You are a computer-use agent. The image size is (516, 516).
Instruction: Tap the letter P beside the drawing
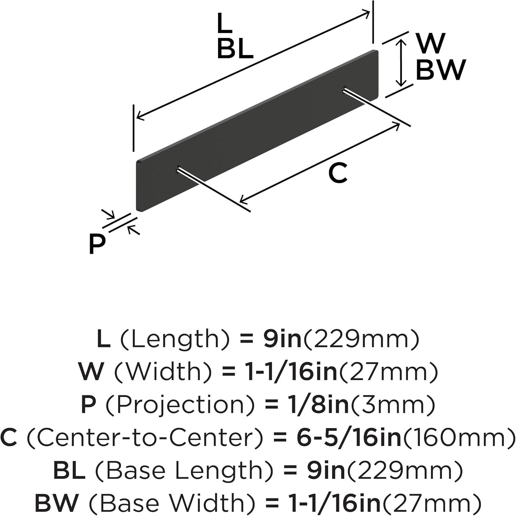(x=97, y=244)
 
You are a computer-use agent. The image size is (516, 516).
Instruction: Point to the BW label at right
(x=441, y=70)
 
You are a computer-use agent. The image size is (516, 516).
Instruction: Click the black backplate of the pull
(x=258, y=131)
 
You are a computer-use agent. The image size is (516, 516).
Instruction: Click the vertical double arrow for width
(x=400, y=63)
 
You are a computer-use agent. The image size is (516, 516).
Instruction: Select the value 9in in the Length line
(x=282, y=339)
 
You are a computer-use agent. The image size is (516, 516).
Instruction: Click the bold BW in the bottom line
(x=56, y=503)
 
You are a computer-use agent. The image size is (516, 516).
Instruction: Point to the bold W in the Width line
(x=91, y=372)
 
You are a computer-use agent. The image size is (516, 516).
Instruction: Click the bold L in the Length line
(x=104, y=339)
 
